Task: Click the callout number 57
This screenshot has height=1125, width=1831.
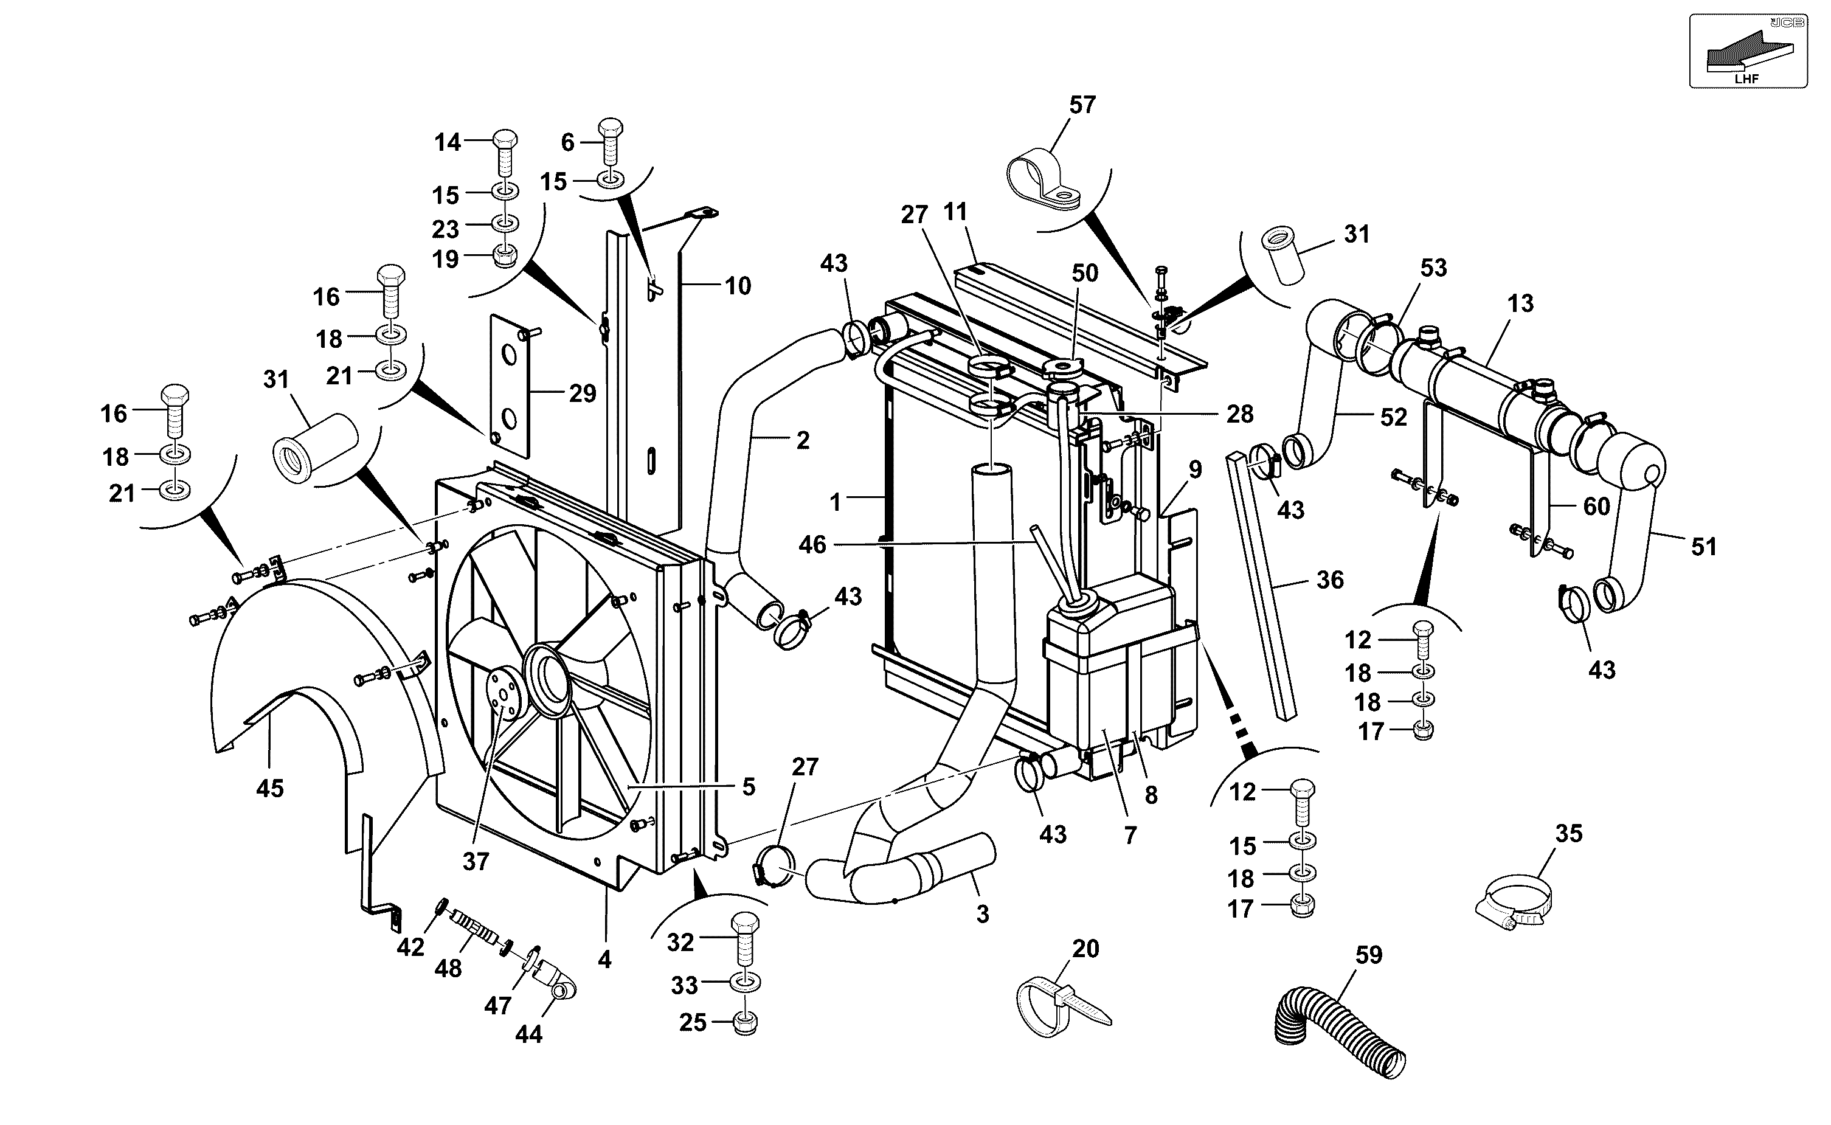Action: click(1082, 105)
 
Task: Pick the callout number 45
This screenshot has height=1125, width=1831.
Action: click(269, 788)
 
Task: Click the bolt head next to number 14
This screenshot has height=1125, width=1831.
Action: click(505, 139)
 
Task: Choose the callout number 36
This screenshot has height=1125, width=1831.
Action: click(1329, 579)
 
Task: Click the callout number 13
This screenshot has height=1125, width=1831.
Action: click(1520, 303)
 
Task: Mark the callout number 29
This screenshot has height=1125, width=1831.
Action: click(583, 393)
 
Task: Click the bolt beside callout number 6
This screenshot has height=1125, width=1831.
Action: click(611, 144)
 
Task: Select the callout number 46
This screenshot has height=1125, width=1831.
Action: click(812, 545)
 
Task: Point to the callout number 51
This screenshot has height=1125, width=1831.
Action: click(1704, 547)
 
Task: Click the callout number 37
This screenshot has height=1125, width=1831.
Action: click(476, 861)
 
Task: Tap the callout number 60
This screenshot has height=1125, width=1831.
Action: click(1597, 506)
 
